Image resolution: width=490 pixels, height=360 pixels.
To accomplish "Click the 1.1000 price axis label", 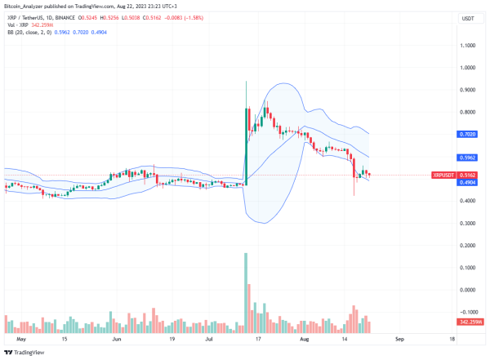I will [x=468, y=46].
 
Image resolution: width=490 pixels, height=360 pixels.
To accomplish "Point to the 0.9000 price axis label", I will [x=468, y=90].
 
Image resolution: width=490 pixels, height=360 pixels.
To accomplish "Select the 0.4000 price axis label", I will [x=468, y=201].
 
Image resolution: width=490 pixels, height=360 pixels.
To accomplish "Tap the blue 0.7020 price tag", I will [x=468, y=134].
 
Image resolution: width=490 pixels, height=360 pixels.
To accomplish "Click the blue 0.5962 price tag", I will [x=468, y=157].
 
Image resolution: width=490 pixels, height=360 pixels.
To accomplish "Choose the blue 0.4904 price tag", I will [x=468, y=182].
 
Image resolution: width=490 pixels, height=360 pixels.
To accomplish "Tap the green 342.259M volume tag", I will [x=467, y=322].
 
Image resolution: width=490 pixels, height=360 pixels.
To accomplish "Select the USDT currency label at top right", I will [x=468, y=18].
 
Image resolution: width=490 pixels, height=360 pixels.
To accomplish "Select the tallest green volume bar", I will [x=246, y=292].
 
